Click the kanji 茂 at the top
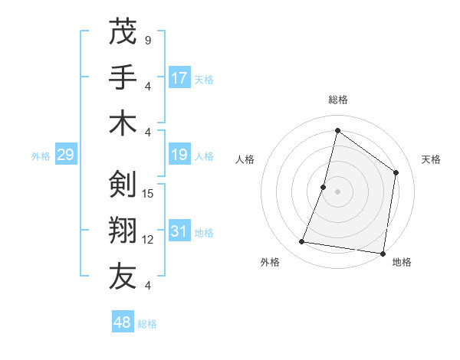point(123,32)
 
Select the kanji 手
point(123,77)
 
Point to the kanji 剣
point(123,185)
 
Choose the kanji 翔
point(123,231)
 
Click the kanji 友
point(123,277)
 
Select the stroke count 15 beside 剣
point(149,193)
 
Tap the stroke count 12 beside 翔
point(149,240)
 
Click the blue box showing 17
point(179,77)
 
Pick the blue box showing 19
point(179,155)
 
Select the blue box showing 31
point(179,231)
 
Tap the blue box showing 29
point(65,155)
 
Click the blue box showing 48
point(123,322)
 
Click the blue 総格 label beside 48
point(147,324)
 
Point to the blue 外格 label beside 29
point(41,156)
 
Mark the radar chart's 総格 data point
point(337,131)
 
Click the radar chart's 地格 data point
point(383,253)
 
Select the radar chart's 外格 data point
point(302,242)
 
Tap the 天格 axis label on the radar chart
point(432,159)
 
